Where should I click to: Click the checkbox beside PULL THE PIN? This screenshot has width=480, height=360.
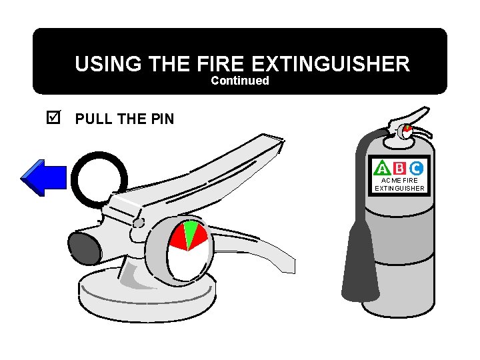click(54, 119)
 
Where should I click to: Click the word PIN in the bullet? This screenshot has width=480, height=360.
click(161, 119)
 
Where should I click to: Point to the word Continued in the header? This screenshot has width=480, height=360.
click(240, 81)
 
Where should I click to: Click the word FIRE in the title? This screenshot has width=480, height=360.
click(223, 64)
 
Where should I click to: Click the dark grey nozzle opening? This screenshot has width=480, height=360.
click(83, 249)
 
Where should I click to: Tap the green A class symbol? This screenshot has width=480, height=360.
click(383, 167)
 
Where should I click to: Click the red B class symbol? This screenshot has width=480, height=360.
click(399, 167)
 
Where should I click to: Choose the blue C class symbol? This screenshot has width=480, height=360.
click(416, 167)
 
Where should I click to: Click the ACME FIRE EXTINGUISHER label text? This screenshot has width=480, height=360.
click(399, 184)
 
